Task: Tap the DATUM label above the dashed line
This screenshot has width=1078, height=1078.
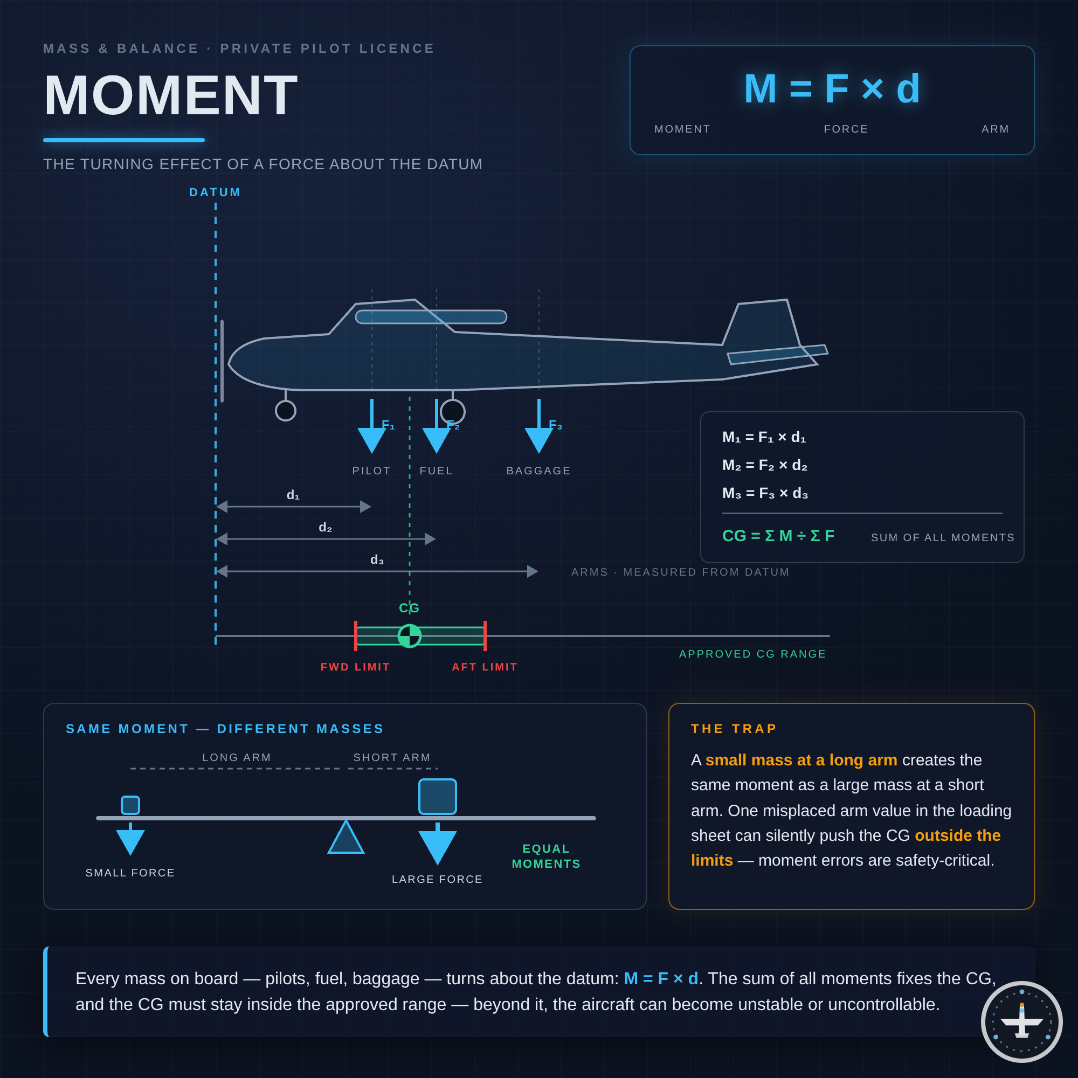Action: point(215,192)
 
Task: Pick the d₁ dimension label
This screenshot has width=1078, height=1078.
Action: point(293,495)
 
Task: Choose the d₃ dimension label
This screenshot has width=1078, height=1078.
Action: point(377,559)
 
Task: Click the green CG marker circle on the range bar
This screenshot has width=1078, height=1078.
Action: point(410,635)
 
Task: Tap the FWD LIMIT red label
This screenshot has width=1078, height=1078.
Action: point(355,667)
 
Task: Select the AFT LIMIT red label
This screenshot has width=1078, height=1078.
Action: point(485,667)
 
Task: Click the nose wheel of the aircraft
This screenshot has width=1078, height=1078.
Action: point(286,411)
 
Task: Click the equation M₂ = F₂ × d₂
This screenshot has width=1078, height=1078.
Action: point(764,465)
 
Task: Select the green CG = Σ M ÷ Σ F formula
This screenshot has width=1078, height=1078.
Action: point(778,536)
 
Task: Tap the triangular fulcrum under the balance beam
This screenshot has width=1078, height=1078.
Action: point(346,837)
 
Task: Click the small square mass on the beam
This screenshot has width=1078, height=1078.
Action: point(130,805)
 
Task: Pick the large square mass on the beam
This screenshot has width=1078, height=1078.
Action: point(438,797)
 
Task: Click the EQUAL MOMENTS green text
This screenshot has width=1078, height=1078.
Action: point(546,856)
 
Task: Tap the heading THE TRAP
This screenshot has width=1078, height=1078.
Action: point(734,729)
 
